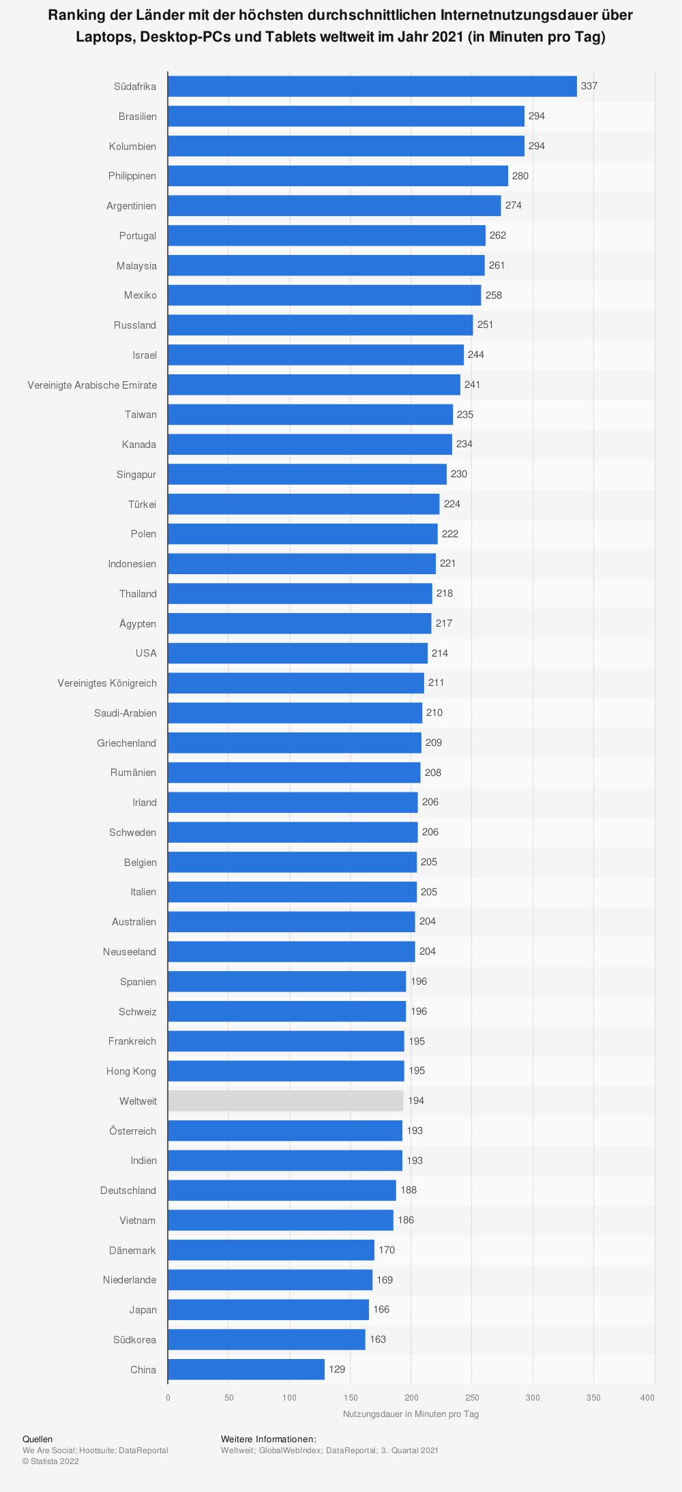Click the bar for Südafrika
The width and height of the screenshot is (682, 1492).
pos(372,87)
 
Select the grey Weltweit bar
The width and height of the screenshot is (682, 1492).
pos(286,1101)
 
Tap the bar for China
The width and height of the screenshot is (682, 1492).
pos(246,1369)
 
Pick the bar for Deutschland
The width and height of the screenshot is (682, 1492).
pos(282,1191)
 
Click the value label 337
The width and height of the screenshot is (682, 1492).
pos(589,87)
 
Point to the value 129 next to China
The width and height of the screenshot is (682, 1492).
pos(337,1369)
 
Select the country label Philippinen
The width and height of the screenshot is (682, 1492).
pos(132,176)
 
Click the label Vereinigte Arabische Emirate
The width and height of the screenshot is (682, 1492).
pos(92,385)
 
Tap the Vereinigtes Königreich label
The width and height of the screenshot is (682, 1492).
pos(107,683)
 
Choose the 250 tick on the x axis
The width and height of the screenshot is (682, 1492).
pos(472,1398)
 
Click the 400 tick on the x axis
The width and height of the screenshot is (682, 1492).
pos(647,1398)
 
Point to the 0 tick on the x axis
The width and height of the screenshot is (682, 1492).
pos(168,1398)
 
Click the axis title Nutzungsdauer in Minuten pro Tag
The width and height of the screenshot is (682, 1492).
pos(411,1414)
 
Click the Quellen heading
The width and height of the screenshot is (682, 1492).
pos(38,1439)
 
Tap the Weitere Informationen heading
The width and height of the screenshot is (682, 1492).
pos(269,1439)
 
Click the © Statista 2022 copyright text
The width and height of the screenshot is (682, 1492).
pos(50,1461)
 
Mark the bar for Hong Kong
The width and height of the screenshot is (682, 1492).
pos(286,1071)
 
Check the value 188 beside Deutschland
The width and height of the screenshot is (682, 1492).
pos(409,1190)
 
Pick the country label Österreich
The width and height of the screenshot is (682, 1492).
pos(132,1131)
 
